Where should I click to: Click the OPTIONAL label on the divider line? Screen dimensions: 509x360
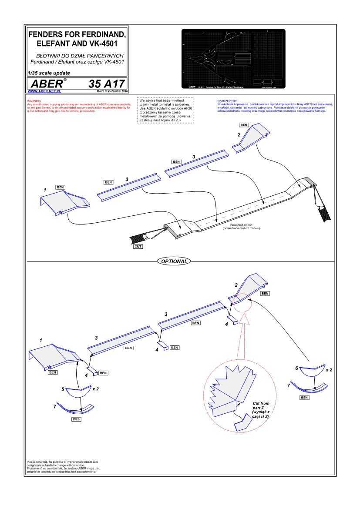(174, 261)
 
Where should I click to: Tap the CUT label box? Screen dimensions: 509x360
(138, 246)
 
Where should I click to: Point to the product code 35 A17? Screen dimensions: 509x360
(107, 84)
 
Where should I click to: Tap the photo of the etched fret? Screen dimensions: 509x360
(233, 59)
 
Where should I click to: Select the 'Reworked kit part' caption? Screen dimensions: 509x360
(240, 225)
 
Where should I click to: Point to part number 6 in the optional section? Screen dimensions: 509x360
(296, 368)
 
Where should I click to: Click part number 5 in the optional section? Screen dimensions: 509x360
(63, 388)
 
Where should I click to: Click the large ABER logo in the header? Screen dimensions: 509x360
(46, 84)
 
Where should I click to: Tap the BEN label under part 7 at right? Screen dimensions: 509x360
(305, 397)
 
